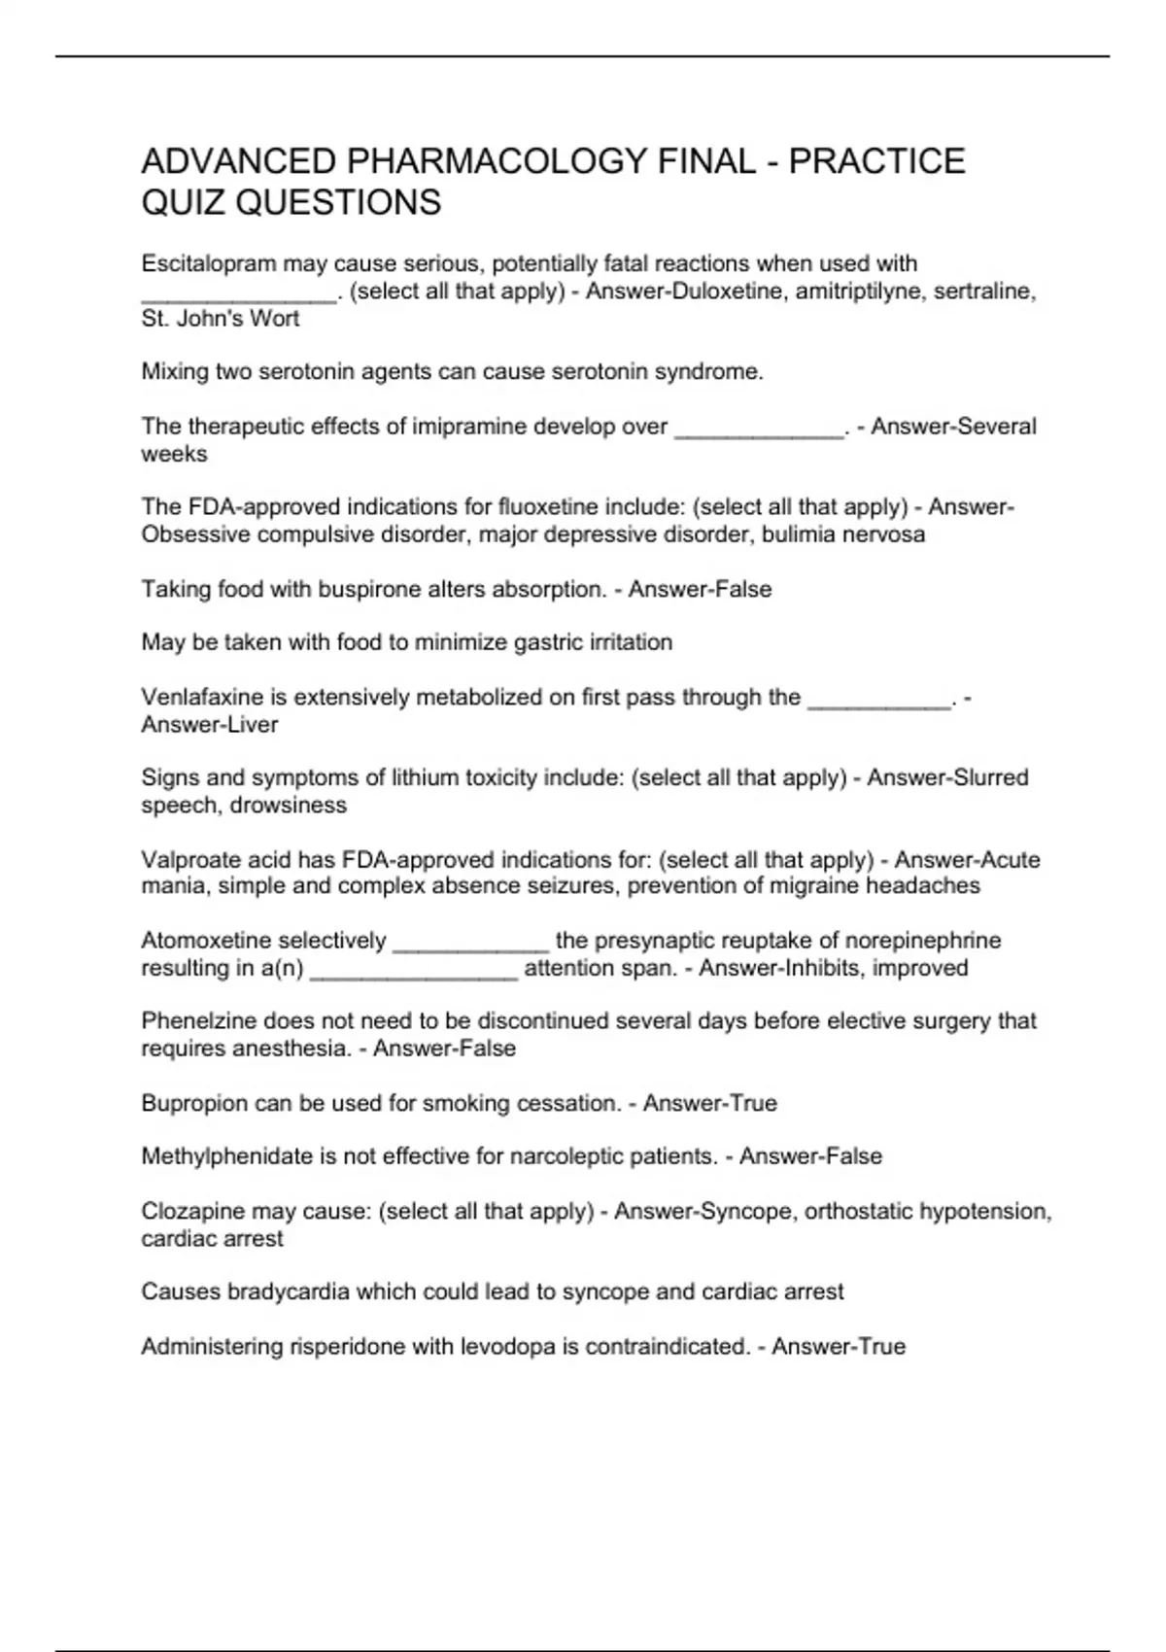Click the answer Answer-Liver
click(x=210, y=725)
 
